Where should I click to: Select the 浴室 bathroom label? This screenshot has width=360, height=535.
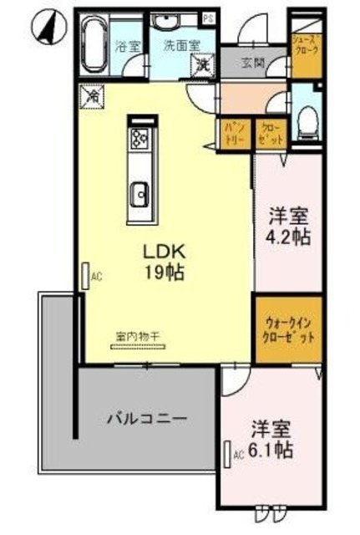(x=127, y=44)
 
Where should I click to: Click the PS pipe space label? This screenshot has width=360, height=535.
(x=208, y=17)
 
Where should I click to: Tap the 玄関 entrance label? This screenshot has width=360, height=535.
(x=253, y=62)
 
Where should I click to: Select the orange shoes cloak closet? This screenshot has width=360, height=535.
(x=302, y=54)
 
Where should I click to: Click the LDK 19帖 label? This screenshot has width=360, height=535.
(x=162, y=262)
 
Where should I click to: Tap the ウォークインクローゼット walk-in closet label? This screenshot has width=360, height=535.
(x=290, y=332)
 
